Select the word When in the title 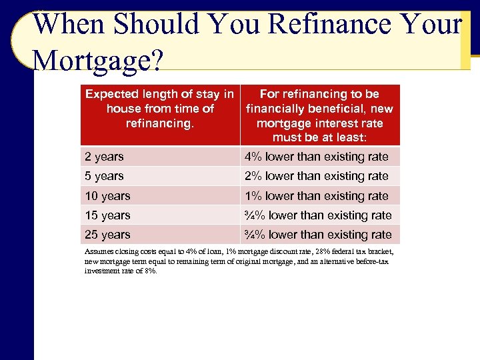point(69,24)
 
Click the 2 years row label point(104,157)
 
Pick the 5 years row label point(104,176)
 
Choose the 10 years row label point(107,196)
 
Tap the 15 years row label point(107,215)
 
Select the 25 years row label point(107,235)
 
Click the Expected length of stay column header point(159,109)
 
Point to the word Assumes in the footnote point(97,251)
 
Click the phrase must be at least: point(319,138)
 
